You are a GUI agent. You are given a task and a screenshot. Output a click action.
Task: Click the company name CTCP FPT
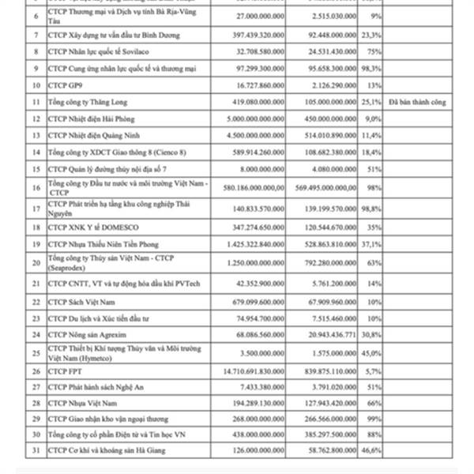click(66, 369)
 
